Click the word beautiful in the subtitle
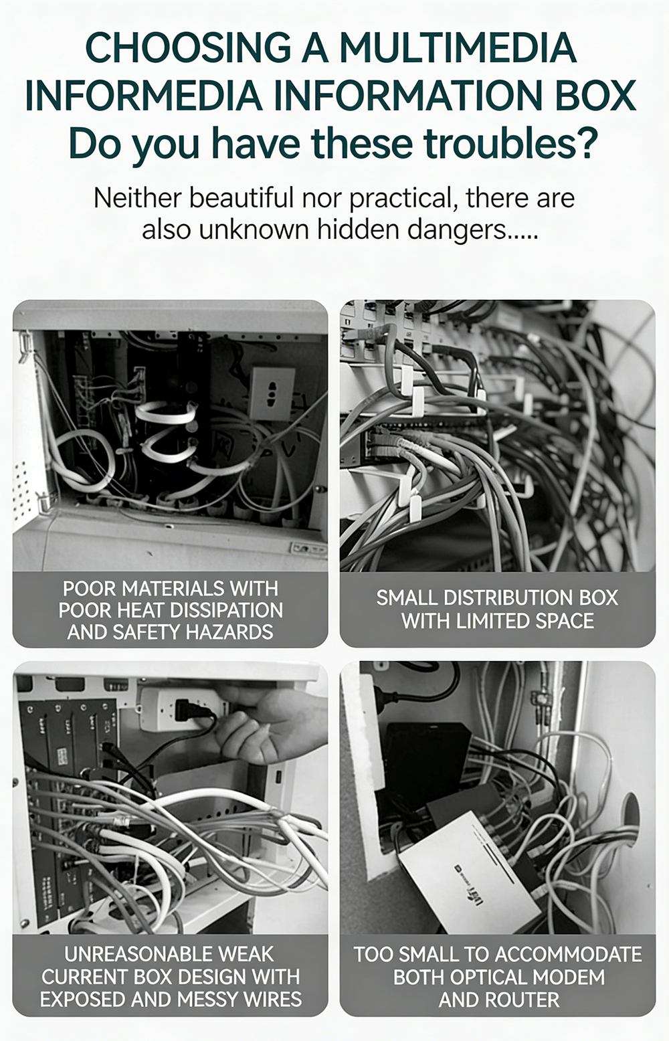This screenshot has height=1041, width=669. [x=242, y=198]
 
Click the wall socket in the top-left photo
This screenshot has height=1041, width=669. [x=272, y=393]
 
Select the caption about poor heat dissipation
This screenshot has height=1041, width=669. [x=171, y=610]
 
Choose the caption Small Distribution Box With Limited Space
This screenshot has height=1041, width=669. [x=498, y=609]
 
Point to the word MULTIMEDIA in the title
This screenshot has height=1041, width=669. [x=458, y=48]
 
